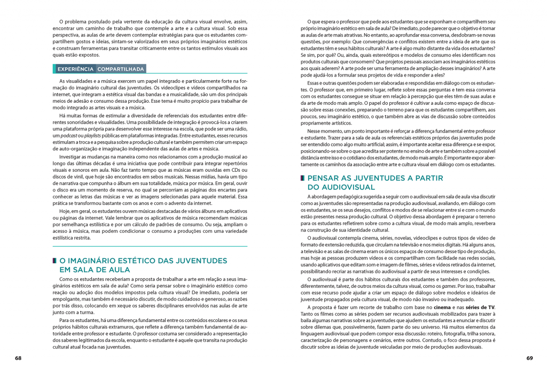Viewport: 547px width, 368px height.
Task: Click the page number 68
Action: click(18, 357)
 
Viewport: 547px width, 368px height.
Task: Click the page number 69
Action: click(529, 357)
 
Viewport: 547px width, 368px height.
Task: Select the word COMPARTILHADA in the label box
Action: click(121, 69)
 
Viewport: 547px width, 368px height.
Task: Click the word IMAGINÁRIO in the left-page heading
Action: click(91, 260)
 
